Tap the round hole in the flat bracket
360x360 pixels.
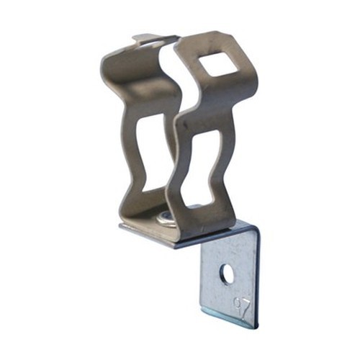click(x=226, y=274)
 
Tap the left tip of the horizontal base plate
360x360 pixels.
click(x=121, y=227)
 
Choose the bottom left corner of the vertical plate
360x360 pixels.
click(x=203, y=310)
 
